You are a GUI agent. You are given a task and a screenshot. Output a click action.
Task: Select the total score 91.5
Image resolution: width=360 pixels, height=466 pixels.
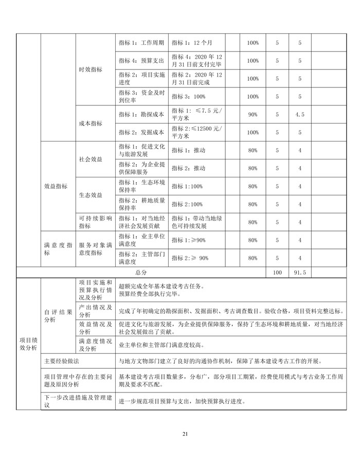[300, 272]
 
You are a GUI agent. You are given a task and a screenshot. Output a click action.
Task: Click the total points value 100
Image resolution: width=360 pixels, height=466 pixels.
[277, 272]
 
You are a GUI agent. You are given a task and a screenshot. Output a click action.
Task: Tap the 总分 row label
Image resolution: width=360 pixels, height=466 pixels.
[141, 272]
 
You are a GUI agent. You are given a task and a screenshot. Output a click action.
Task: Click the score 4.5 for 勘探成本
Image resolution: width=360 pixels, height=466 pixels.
[300, 114]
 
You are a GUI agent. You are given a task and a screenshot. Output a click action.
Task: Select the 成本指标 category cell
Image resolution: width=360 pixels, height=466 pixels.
[90, 123]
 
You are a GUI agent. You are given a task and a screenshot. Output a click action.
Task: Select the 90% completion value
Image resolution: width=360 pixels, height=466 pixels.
[253, 114]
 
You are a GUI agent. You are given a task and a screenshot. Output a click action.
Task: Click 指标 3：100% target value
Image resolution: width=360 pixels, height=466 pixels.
[189, 96]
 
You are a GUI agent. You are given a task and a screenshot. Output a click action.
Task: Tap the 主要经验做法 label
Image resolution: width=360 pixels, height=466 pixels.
[65, 362]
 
